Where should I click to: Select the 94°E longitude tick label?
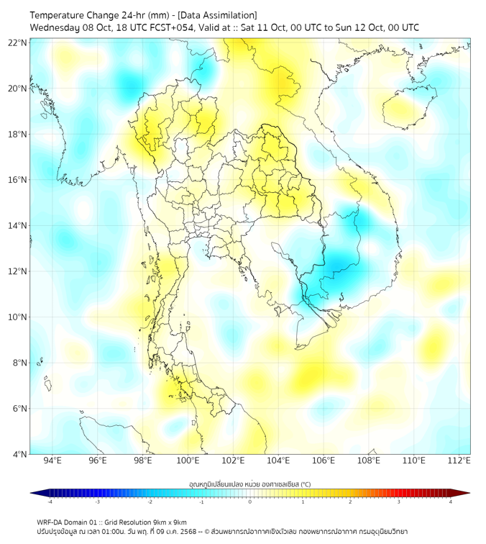52,461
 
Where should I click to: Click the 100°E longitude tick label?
188,461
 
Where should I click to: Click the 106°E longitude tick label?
324,461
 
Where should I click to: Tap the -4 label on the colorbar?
50,502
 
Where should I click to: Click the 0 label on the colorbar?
249,502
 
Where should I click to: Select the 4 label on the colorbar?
451,502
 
